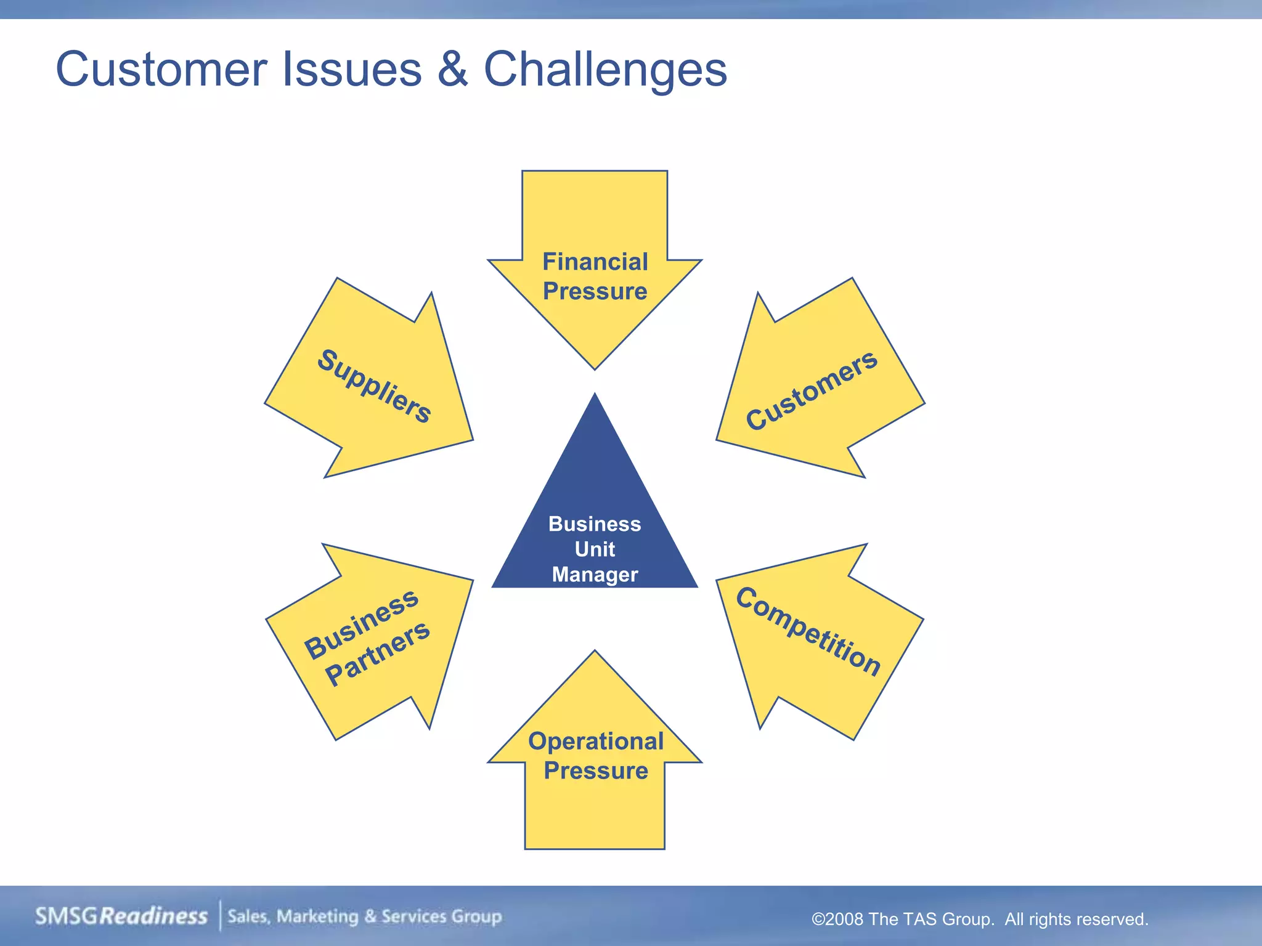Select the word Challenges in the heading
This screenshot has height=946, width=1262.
point(605,69)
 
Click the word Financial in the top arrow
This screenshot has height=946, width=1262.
point(595,262)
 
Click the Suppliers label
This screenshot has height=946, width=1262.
point(374,386)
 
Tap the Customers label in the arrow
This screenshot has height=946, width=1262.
point(811,390)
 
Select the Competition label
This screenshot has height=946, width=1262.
point(808,631)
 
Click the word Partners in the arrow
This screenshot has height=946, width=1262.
point(377,653)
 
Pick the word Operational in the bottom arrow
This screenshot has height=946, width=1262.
point(595,741)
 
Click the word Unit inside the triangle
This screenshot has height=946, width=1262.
point(595,549)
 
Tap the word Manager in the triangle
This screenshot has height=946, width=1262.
point(595,575)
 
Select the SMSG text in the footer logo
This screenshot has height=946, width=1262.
point(67,916)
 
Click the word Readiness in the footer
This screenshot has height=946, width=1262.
point(153,916)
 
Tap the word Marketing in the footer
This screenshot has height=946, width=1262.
point(317,916)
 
